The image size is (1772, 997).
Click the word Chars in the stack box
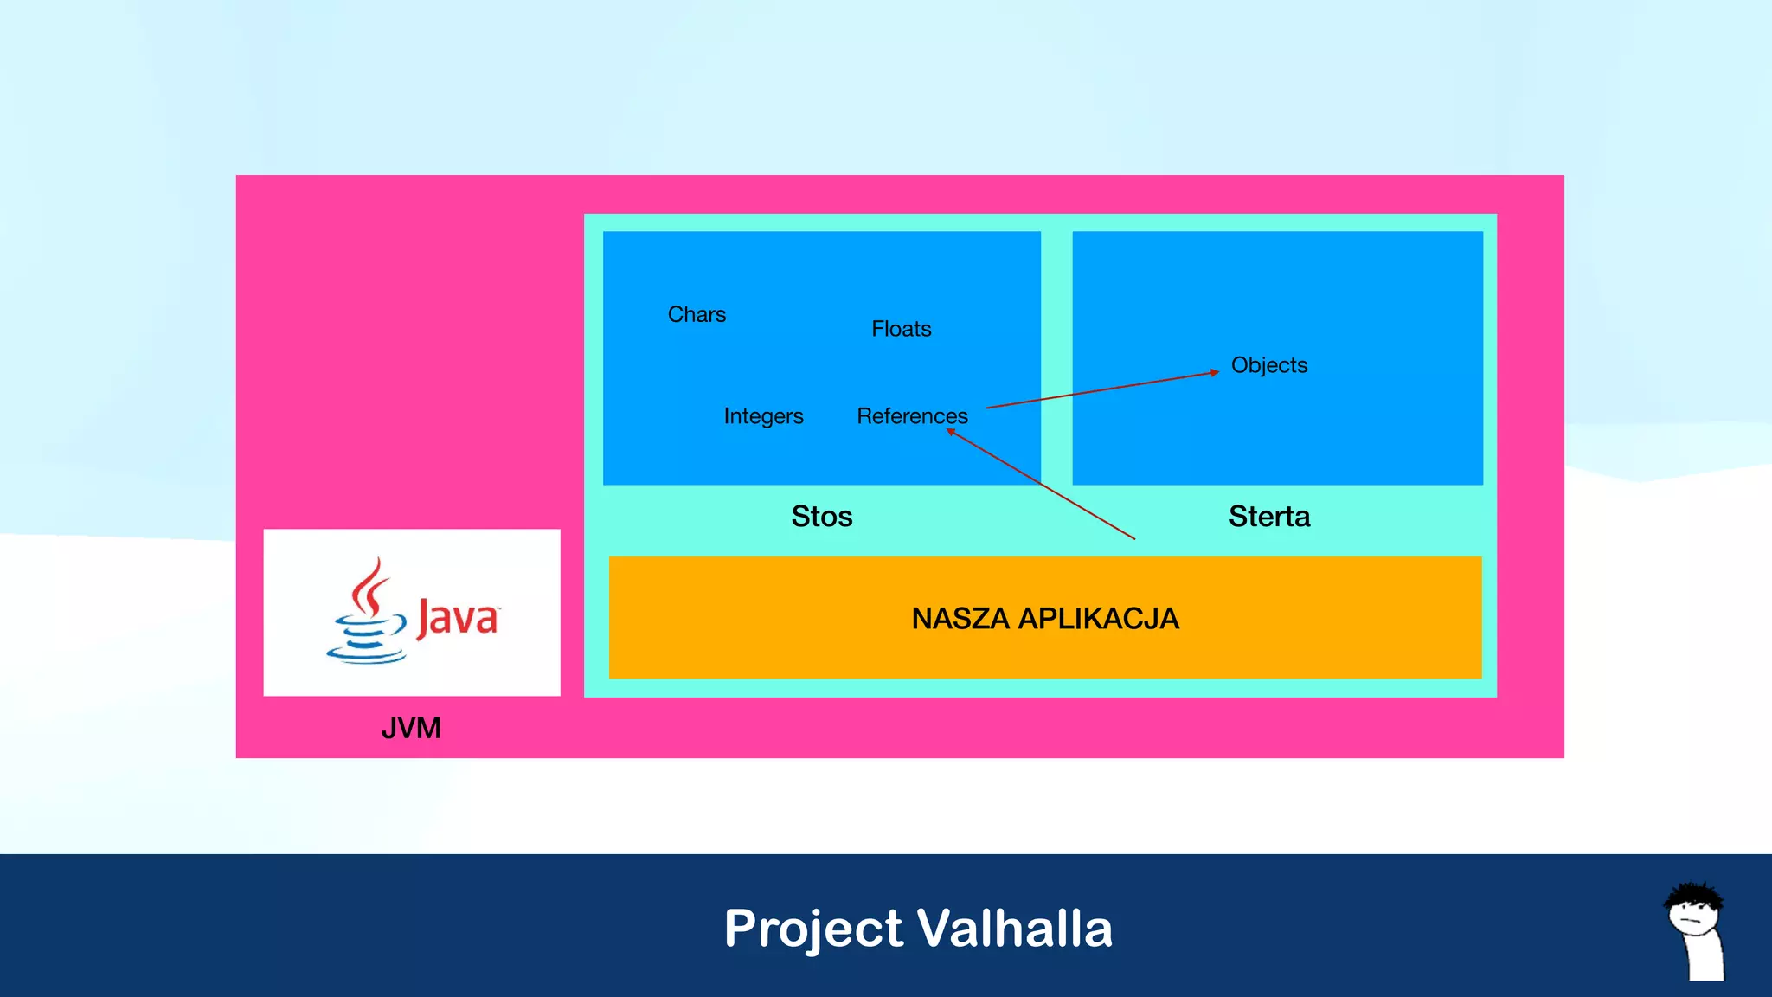(x=697, y=314)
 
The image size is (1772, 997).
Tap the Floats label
(x=901, y=329)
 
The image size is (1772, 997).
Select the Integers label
(x=763, y=416)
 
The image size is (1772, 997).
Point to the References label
(x=912, y=416)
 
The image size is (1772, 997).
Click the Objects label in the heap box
(x=1268, y=365)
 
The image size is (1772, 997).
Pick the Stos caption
(x=821, y=517)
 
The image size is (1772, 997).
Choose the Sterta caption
(x=1268, y=517)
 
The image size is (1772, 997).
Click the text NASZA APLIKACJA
(x=1044, y=619)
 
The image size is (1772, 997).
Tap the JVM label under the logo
(x=411, y=729)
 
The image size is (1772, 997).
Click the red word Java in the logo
(x=457, y=618)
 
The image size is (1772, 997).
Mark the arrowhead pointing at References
(x=951, y=431)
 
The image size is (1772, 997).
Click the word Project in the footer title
(x=813, y=929)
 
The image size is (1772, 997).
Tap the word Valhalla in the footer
(x=1014, y=929)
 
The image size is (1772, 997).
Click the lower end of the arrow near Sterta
(x=1133, y=538)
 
